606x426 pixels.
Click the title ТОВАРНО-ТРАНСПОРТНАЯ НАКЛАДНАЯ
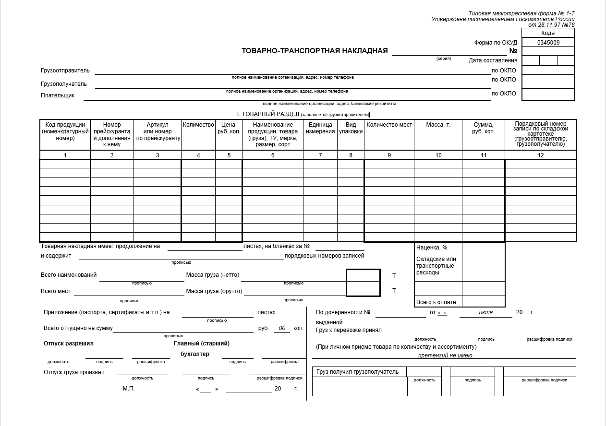(315, 51)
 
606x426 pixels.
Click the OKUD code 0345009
(548, 42)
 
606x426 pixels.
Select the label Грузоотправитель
(65, 71)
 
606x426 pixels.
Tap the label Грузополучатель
(64, 84)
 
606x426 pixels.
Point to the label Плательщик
(58, 95)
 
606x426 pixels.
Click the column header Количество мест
(389, 125)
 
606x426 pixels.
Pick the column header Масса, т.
(438, 125)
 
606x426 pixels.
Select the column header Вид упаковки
(351, 128)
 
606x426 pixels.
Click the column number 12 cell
(541, 155)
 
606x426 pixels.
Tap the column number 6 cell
(273, 155)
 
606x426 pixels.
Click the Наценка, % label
(432, 248)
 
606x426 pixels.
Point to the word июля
(485, 312)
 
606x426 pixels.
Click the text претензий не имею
(445, 355)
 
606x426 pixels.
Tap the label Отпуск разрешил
(68, 343)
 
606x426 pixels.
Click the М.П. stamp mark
(128, 389)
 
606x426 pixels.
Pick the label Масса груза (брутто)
(214, 291)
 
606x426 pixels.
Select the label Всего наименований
(69, 275)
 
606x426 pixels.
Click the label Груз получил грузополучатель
(357, 372)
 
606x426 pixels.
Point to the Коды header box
(548, 33)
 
